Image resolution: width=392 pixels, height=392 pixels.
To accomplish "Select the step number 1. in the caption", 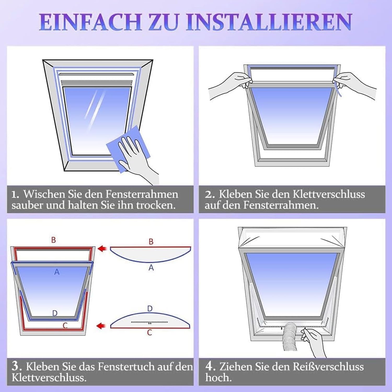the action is click(16, 194).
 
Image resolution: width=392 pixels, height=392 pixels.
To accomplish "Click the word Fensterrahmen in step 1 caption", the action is click(142, 194).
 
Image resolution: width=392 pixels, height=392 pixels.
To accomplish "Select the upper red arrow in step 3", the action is click(102, 248).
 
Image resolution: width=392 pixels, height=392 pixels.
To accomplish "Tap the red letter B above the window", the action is click(53, 240).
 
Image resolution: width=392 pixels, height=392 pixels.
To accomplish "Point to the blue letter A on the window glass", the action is click(57, 272).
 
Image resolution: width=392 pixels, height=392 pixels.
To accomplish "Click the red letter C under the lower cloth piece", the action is click(149, 332).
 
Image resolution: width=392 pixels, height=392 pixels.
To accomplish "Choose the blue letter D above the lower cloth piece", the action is click(150, 309).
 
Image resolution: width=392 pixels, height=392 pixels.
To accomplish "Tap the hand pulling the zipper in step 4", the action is click(314, 342).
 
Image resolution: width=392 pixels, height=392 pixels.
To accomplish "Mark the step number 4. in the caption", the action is click(210, 366).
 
